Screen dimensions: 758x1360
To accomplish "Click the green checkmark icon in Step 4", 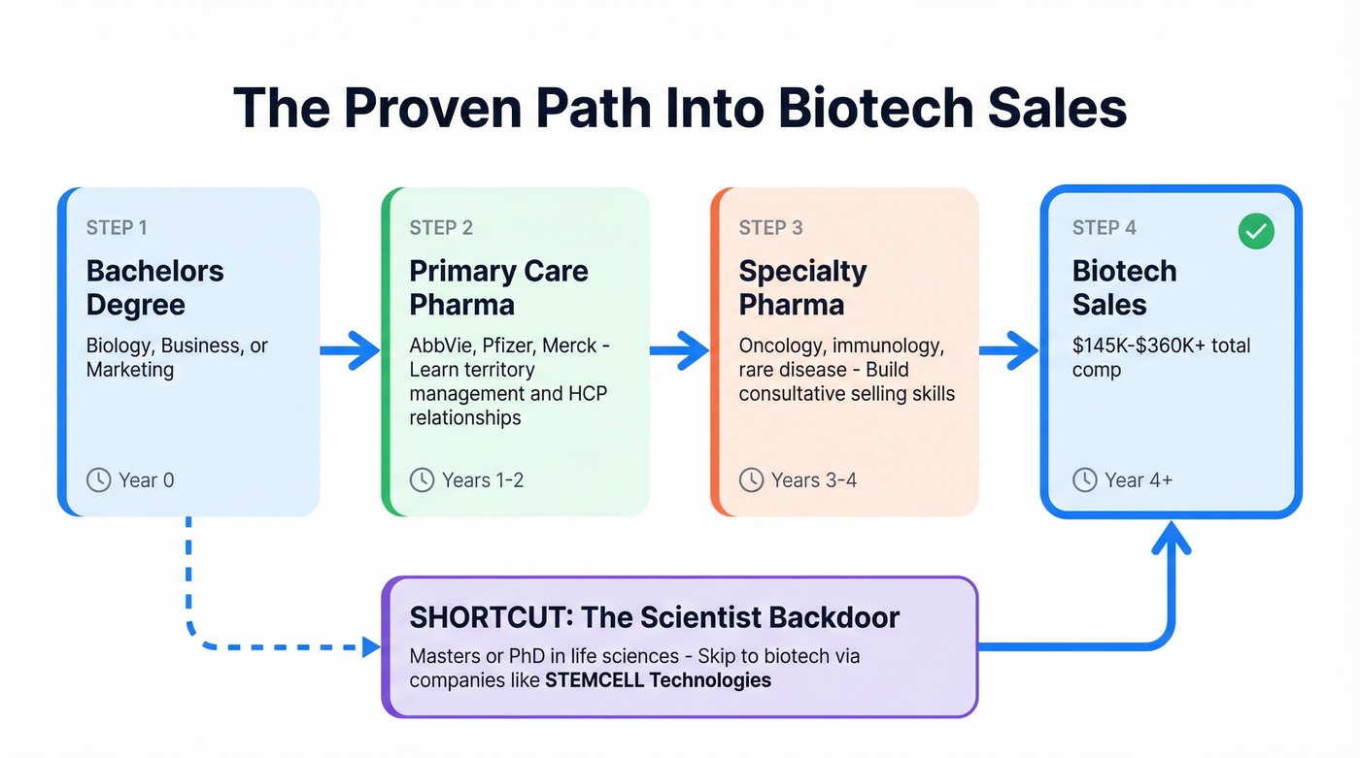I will click(1256, 231).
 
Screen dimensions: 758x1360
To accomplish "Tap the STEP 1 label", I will click(117, 228).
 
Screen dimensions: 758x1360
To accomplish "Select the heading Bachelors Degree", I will click(154, 287).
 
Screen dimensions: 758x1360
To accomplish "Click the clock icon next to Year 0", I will click(98, 479).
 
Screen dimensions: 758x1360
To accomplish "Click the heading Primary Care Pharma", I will click(498, 287).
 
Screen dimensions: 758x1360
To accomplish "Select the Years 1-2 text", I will click(483, 479).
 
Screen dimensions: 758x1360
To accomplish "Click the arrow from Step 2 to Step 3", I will click(679, 350).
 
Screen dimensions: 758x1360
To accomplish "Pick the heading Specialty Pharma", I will click(802, 287).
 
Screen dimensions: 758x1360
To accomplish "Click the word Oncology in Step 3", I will click(780, 346).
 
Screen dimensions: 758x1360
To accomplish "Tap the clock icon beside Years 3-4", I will click(751, 479).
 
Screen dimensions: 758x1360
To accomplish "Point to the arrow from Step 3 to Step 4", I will click(1009, 350).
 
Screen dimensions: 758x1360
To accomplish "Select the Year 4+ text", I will click(1138, 479).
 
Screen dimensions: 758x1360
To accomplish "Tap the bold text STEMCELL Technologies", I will click(658, 680).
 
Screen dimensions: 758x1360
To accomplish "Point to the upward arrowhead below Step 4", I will click(1171, 536).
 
